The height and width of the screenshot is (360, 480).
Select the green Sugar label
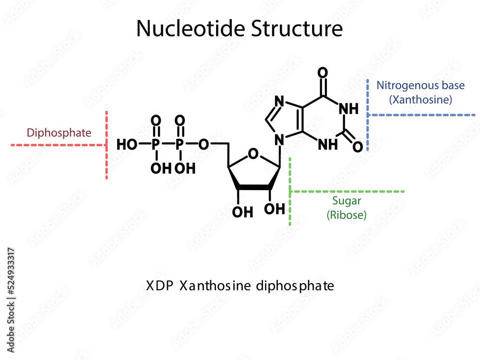[346, 202]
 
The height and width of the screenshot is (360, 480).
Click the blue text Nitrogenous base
[420, 85]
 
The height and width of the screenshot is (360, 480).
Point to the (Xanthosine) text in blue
[420, 100]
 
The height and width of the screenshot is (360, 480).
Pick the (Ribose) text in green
[346, 215]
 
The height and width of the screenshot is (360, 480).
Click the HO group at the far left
[127, 144]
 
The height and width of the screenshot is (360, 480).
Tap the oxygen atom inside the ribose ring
[254, 155]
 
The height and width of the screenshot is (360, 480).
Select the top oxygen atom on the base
[323, 73]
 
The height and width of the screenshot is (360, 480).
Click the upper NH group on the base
[348, 109]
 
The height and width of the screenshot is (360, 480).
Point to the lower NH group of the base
[327, 144]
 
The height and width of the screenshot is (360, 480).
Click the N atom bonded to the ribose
[278, 140]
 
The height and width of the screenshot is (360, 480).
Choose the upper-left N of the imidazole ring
[280, 101]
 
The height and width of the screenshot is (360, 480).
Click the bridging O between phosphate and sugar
[204, 144]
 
